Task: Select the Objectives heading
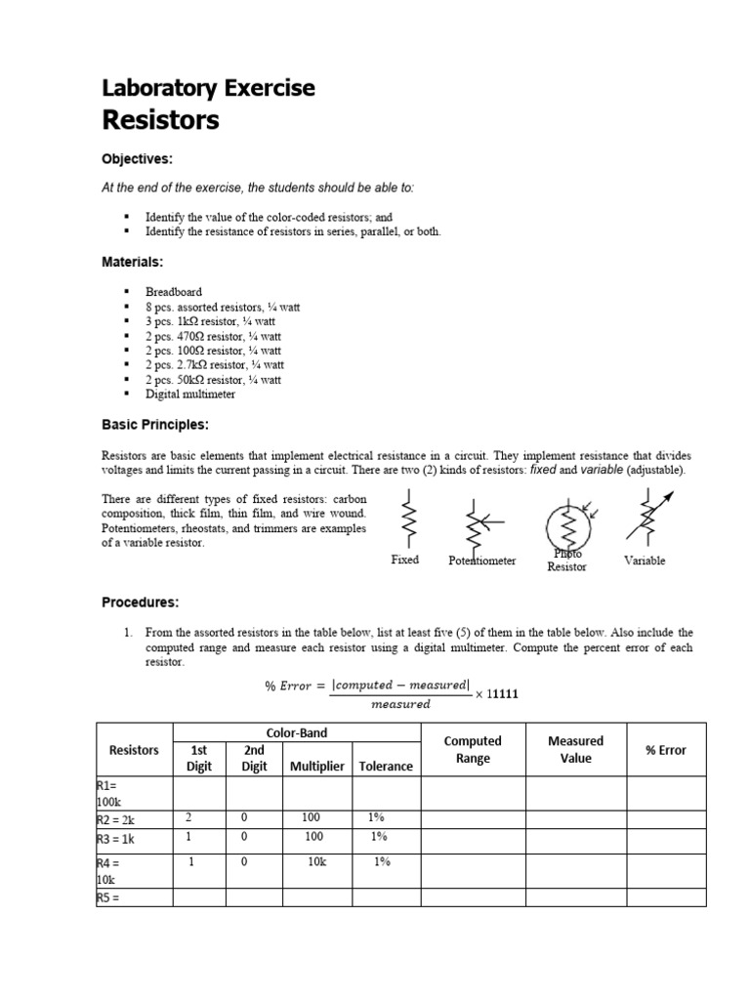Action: click(x=138, y=158)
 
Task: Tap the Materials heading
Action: click(x=133, y=262)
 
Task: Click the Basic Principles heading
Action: click(x=155, y=425)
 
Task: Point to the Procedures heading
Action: click(x=141, y=602)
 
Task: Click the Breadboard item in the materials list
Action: click(x=174, y=292)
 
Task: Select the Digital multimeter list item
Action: click(x=190, y=395)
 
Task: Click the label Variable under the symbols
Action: click(x=644, y=561)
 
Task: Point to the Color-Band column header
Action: click(x=296, y=732)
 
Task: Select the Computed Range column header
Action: click(x=473, y=750)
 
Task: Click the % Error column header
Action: click(x=666, y=750)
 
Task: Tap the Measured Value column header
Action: click(x=575, y=750)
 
